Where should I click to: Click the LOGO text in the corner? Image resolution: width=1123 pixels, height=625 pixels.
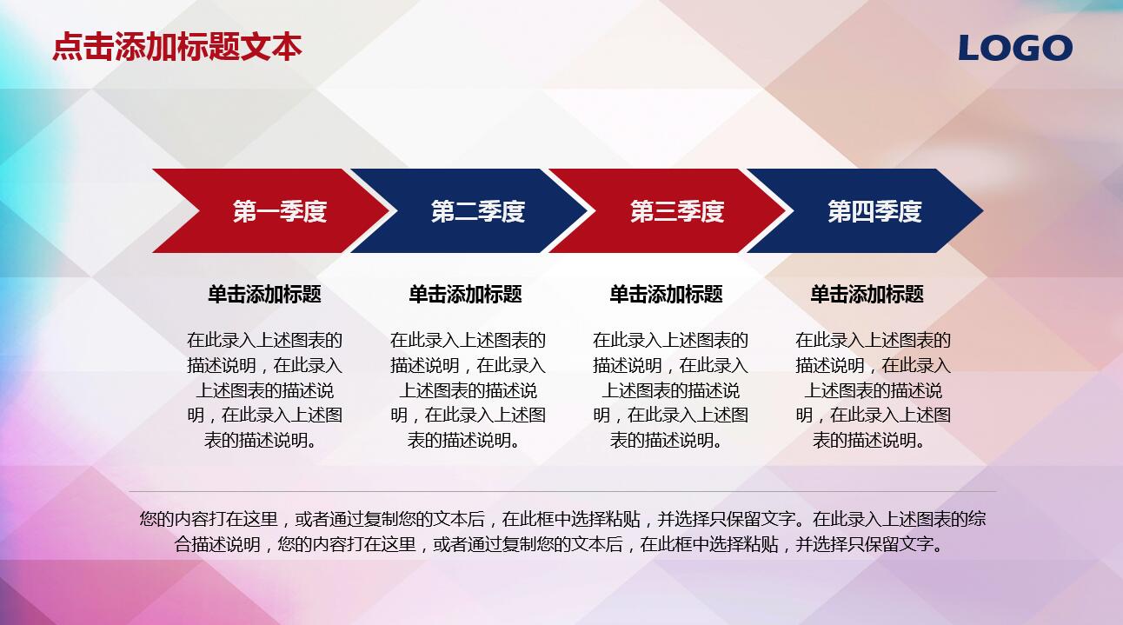click(x=1014, y=48)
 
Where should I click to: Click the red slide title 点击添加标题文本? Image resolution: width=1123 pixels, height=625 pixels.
click(x=177, y=47)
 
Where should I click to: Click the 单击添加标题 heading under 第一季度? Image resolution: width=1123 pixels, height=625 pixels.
click(x=264, y=295)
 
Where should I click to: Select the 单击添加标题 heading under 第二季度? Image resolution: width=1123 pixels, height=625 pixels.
click(x=465, y=295)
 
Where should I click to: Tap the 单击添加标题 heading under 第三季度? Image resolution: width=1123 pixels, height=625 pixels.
click(x=666, y=295)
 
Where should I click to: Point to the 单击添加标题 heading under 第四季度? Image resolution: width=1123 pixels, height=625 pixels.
click(x=867, y=295)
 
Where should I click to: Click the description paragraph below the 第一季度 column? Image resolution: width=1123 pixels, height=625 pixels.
click(x=264, y=390)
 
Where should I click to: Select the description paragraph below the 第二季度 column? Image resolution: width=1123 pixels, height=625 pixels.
click(x=468, y=390)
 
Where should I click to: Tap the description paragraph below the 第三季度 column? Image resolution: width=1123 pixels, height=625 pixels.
click(x=670, y=390)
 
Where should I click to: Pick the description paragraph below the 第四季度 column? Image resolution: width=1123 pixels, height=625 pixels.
click(x=873, y=390)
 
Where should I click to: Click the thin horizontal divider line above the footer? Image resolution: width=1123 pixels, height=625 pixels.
click(x=562, y=492)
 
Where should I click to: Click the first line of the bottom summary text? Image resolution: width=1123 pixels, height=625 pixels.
click(x=562, y=520)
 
